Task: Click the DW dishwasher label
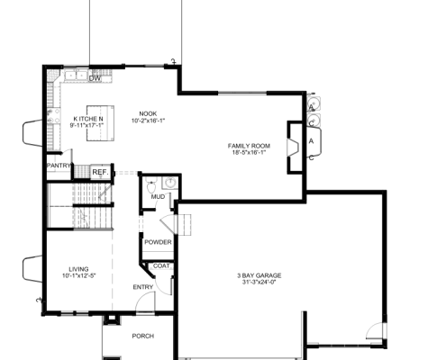95,78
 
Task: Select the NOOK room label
149,112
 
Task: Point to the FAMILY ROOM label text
249,145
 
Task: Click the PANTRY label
59,166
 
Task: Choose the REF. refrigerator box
99,172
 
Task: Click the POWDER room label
158,242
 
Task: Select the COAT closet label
161,265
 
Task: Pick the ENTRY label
143,287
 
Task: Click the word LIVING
78,268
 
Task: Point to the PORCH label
142,336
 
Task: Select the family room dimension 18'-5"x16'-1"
249,152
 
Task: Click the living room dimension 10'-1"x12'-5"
78,275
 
